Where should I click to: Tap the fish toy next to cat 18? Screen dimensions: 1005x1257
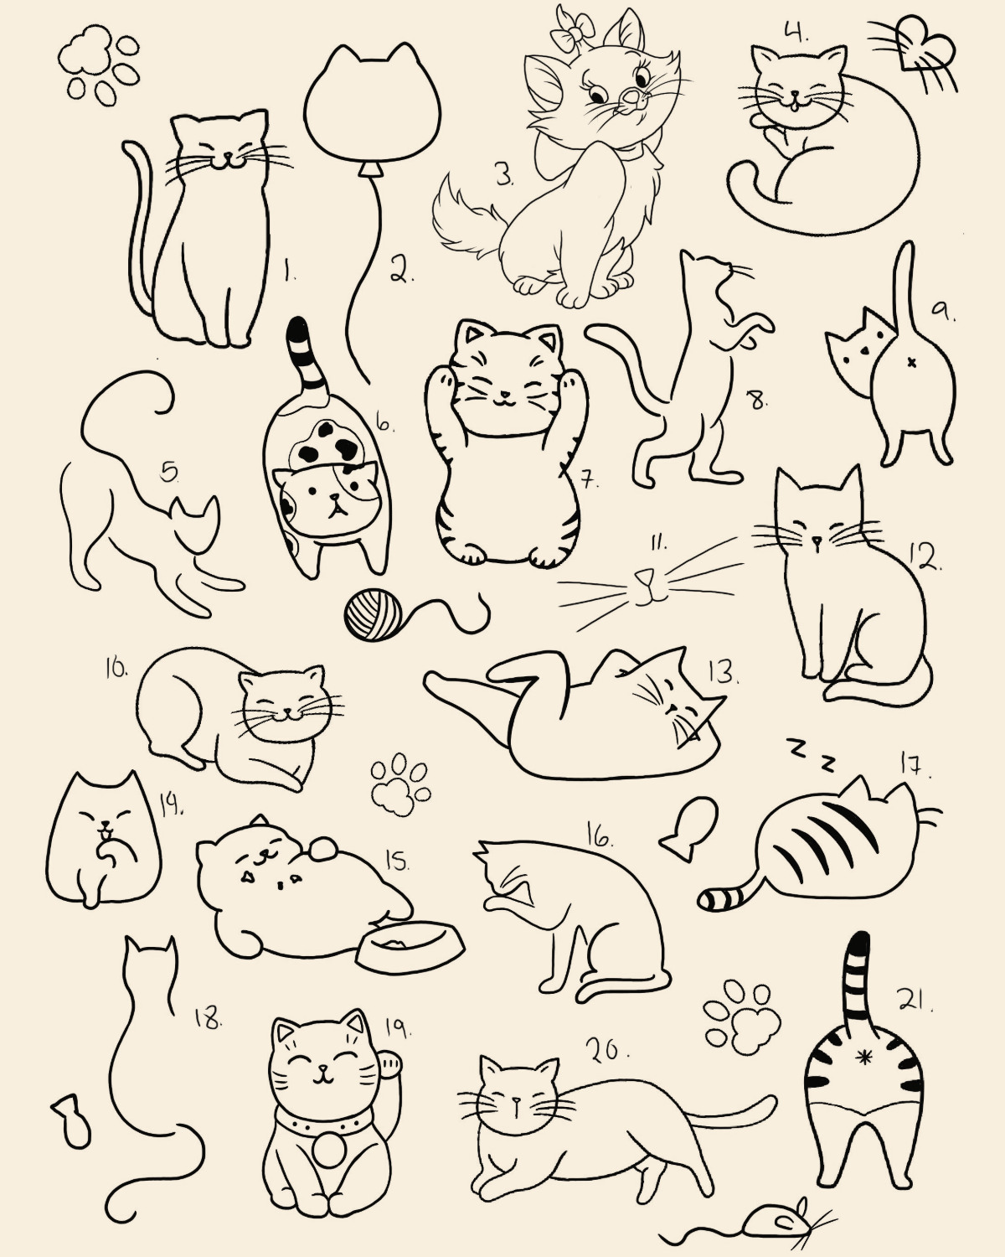72,1128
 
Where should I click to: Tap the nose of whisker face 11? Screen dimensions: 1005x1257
642,577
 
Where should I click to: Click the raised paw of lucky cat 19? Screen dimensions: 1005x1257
389,1063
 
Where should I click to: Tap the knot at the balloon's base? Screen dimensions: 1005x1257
370,169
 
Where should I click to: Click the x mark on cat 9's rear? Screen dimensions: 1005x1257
910,363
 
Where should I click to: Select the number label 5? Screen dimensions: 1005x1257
170,473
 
